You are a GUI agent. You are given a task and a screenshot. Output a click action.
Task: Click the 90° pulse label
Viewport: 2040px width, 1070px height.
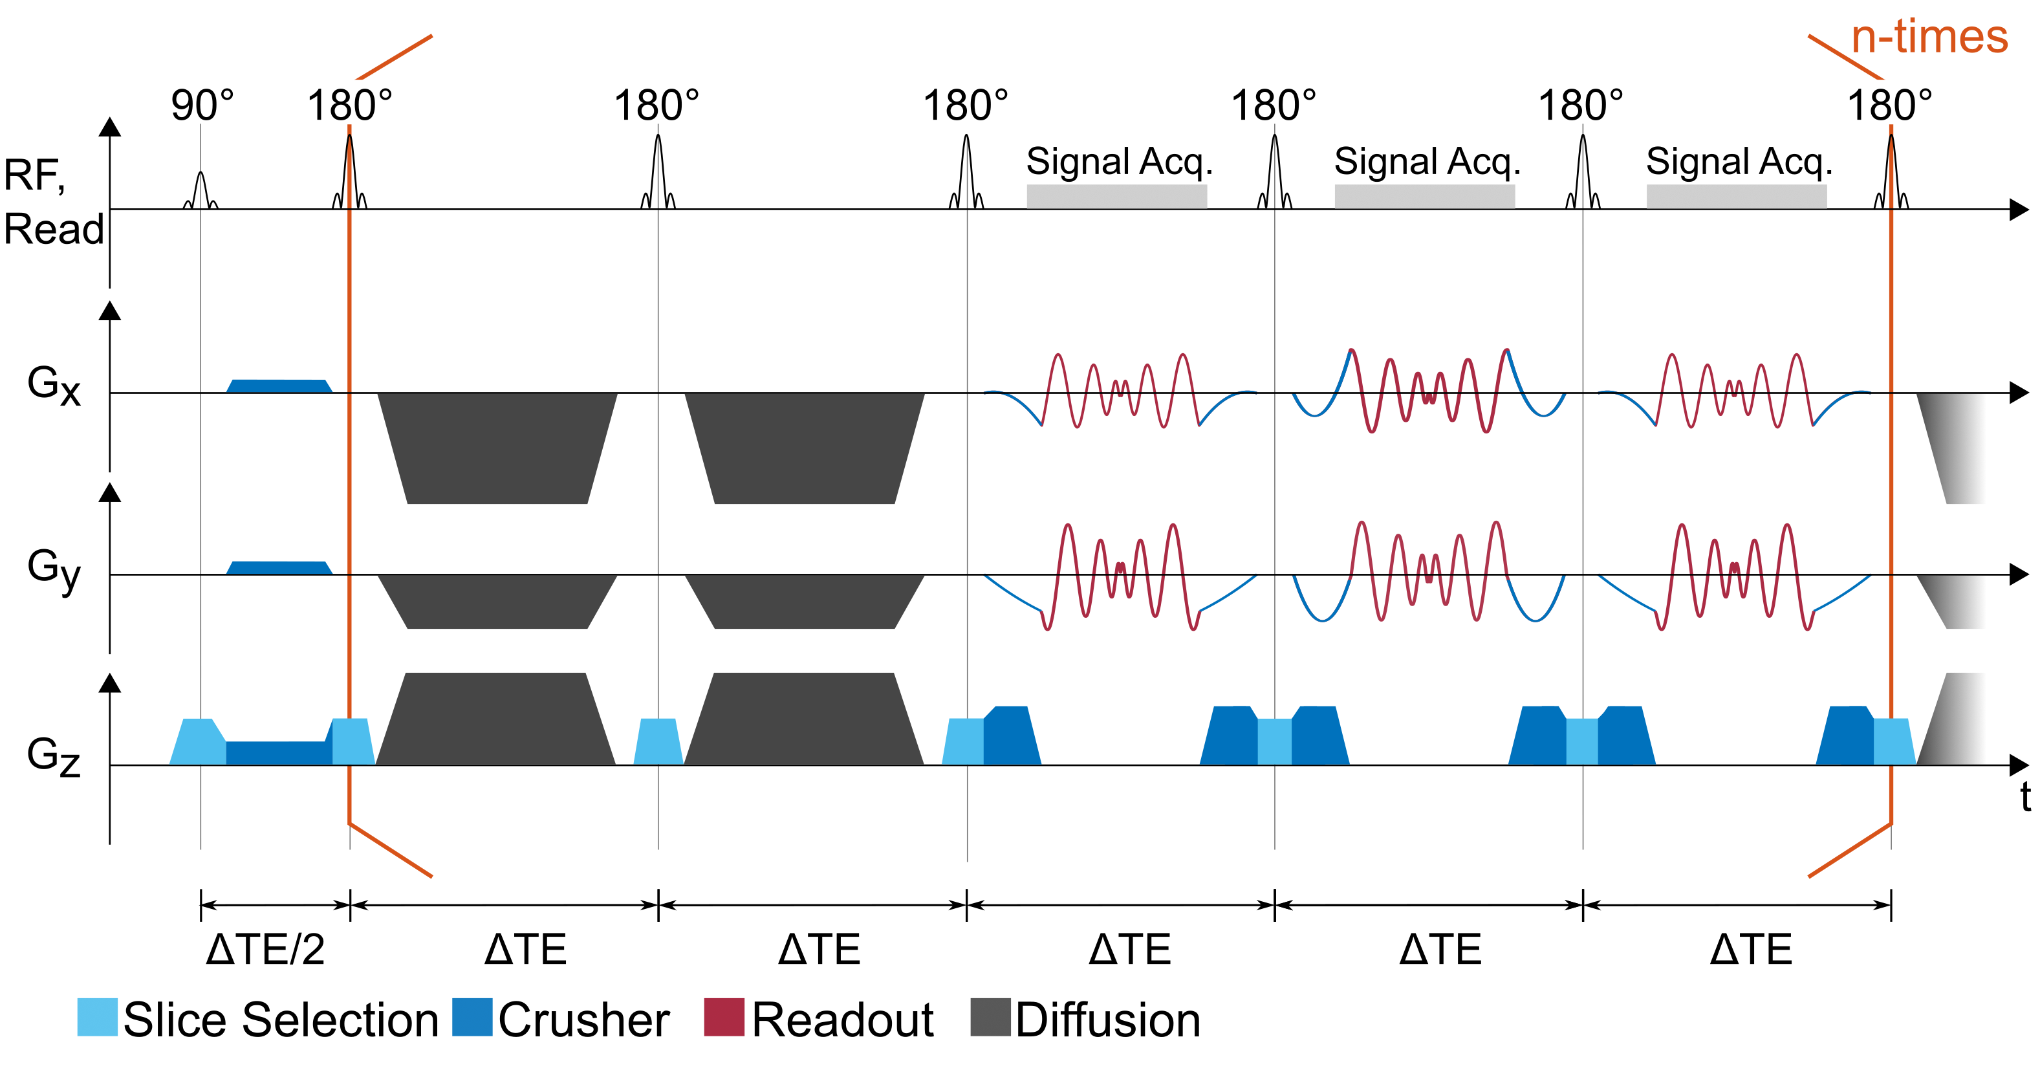tap(202, 105)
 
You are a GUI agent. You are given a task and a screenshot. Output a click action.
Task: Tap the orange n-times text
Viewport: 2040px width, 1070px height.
tap(1929, 38)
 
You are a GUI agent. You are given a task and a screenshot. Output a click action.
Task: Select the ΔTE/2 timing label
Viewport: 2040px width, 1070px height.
tap(265, 949)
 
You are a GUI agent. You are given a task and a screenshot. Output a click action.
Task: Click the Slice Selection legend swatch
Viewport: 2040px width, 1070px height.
tap(96, 1017)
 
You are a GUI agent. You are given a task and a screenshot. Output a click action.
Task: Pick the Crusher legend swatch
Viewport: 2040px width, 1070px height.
tap(472, 1017)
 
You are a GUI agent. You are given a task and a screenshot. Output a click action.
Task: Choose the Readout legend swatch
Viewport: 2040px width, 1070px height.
tap(724, 1017)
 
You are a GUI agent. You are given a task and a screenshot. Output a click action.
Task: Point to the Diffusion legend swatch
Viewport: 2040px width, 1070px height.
tap(990, 1017)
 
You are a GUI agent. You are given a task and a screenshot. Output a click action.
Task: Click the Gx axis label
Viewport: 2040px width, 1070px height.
tap(54, 385)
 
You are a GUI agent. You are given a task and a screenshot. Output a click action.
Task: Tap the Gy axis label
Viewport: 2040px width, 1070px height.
tap(54, 569)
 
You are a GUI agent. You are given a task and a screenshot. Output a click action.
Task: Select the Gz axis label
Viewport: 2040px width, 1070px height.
tap(54, 755)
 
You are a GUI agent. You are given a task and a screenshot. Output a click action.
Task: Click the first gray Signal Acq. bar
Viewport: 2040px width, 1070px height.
tap(1116, 197)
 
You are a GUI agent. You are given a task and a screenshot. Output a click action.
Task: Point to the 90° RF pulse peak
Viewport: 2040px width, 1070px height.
tap(201, 173)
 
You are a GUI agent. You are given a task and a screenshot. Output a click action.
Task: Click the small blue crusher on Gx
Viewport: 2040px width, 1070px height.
tap(279, 386)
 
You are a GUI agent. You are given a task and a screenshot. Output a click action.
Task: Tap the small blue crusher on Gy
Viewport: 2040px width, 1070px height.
tap(279, 567)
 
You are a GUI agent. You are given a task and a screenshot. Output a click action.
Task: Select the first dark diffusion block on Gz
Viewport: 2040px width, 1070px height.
tap(495, 719)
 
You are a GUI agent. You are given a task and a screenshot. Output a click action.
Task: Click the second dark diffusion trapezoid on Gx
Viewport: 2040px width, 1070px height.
tap(805, 448)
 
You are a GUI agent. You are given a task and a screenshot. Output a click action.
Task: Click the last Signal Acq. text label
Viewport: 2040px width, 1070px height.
tap(1739, 162)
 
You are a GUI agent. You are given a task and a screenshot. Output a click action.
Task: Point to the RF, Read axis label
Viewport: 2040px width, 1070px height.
tap(52, 202)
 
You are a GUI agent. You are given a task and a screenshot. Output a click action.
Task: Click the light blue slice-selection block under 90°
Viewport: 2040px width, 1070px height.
tap(198, 741)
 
